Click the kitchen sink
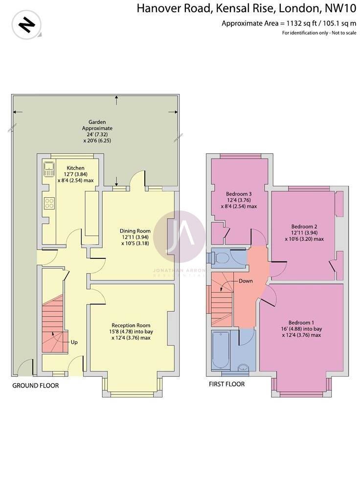pyautogui.click(x=49, y=169)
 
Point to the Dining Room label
pyautogui.click(x=135, y=231)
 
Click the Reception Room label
pyautogui.click(x=131, y=325)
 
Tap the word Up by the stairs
pyautogui.click(x=74, y=342)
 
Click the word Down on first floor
pyautogui.click(x=246, y=281)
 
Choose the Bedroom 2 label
pyautogui.click(x=304, y=227)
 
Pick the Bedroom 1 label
pyautogui.click(x=301, y=322)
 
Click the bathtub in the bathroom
pyautogui.click(x=219, y=350)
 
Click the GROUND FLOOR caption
pyautogui.click(x=35, y=386)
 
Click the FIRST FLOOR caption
pyautogui.click(x=226, y=384)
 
